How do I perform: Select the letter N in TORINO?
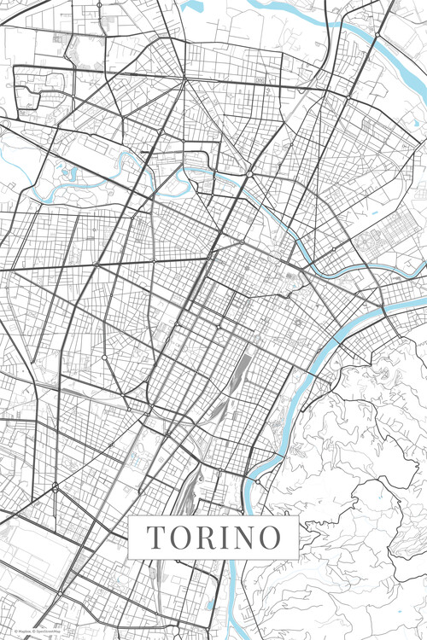246,538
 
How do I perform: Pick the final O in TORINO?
271,538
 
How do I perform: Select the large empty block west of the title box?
34,546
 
